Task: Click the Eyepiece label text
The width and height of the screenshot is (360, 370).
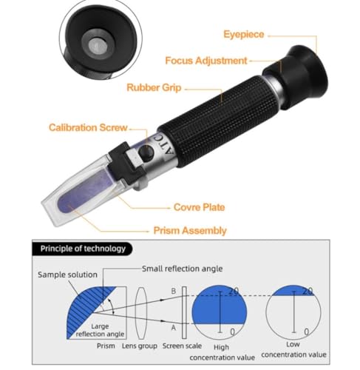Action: coord(243,35)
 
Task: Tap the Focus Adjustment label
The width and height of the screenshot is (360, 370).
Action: coord(206,61)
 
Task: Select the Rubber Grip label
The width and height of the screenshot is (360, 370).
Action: coord(154,87)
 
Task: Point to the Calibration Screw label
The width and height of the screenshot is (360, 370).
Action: coord(88,127)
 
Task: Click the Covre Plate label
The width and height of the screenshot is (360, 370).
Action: coord(199,207)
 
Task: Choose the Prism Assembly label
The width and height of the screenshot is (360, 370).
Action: coord(190,231)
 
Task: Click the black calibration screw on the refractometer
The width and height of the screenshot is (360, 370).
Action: coord(146,152)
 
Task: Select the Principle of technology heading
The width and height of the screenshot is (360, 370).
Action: coord(83,249)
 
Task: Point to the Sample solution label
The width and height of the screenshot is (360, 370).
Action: coord(67,275)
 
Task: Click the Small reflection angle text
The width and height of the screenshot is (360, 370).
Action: coord(182,269)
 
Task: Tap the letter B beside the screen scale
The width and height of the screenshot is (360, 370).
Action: coord(174,291)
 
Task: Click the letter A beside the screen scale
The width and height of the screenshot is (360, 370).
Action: coord(174,328)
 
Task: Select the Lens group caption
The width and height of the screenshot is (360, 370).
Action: coord(140,346)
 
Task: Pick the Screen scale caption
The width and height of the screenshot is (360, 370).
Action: coord(182,346)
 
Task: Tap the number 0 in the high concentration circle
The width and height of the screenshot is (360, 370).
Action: coord(232,332)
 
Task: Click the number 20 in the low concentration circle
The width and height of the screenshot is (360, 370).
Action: coord(308,292)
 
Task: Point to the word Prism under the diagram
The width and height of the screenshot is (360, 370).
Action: coord(106,346)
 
